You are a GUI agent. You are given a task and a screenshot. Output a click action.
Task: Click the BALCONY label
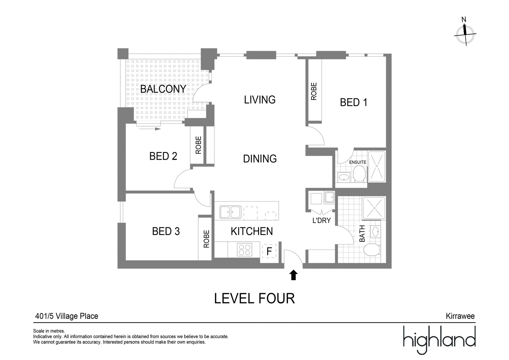pyautogui.click(x=163, y=89)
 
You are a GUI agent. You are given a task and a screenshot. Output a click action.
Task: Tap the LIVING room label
pyautogui.click(x=260, y=100)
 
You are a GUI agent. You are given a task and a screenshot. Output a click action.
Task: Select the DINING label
pyautogui.click(x=260, y=159)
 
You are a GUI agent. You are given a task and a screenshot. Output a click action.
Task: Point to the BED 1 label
pyautogui.click(x=353, y=102)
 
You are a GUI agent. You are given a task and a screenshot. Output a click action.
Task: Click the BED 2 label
pyautogui.click(x=163, y=156)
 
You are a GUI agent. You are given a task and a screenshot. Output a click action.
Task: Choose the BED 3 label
pyautogui.click(x=166, y=231)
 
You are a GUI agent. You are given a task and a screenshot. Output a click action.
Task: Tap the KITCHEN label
pyautogui.click(x=252, y=231)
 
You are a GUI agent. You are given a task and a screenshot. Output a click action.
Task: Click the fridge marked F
pyautogui.click(x=269, y=251)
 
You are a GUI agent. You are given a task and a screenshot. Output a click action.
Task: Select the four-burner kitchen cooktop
pyautogui.click(x=245, y=250)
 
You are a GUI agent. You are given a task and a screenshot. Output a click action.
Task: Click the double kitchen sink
pyautogui.click(x=230, y=212)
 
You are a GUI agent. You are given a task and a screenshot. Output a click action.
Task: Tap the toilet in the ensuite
pyautogui.click(x=359, y=174)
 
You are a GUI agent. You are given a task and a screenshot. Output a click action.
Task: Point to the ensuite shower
pyautogui.click(x=377, y=167)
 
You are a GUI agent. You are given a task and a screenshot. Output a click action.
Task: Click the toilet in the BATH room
pyautogui.click(x=372, y=250)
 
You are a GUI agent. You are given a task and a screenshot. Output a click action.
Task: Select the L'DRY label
pyautogui.click(x=322, y=220)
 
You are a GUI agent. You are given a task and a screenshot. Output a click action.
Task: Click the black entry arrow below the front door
pyautogui.click(x=293, y=275)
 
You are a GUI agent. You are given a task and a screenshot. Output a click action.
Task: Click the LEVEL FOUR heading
pyautogui.click(x=254, y=298)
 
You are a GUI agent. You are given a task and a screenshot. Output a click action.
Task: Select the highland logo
pyautogui.click(x=439, y=340)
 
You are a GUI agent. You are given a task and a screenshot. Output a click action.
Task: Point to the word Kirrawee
pyautogui.click(x=460, y=316)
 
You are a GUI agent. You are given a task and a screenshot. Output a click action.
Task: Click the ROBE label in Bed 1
pyautogui.click(x=314, y=91)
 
